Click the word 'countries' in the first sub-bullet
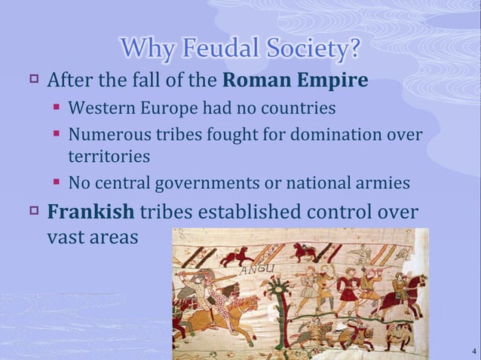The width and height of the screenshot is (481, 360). (298, 108)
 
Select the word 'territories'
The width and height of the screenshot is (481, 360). (109, 157)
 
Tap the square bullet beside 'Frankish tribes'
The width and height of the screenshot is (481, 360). (33, 209)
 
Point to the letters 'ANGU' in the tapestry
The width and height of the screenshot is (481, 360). (263, 269)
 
